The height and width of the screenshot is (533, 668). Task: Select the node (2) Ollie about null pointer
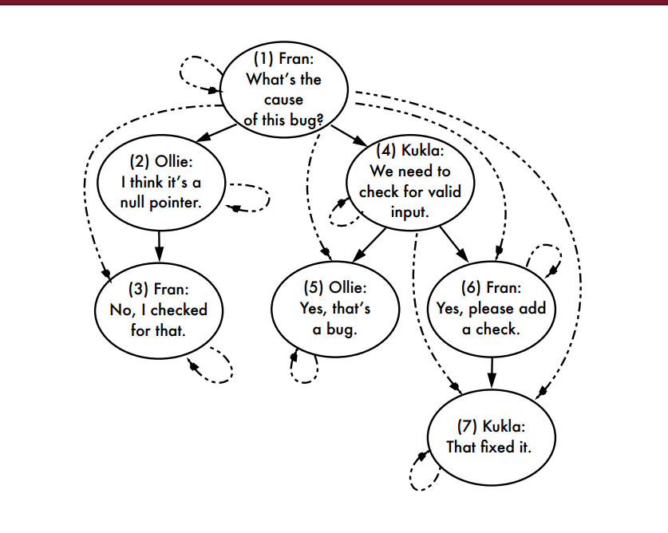[x=161, y=182]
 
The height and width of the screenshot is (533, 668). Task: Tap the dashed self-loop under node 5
[x=303, y=369]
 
